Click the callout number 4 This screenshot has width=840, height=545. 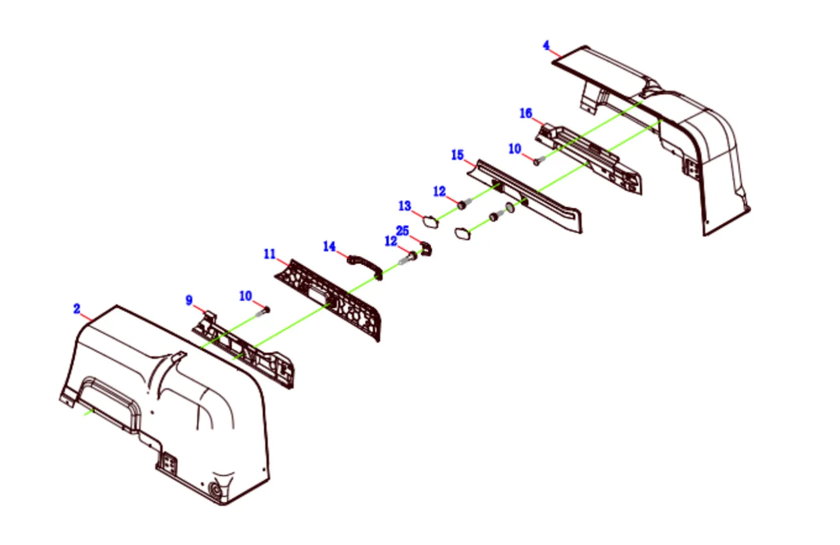pyautogui.click(x=547, y=45)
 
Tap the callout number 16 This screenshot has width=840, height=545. pyautogui.click(x=526, y=113)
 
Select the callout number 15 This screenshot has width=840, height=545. pyautogui.click(x=457, y=155)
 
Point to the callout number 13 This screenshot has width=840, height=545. pyautogui.click(x=405, y=206)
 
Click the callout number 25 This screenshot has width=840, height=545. pyautogui.click(x=402, y=231)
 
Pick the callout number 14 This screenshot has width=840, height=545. pyautogui.click(x=329, y=247)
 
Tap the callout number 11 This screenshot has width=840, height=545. pyautogui.click(x=270, y=254)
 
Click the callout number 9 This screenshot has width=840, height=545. pyautogui.click(x=189, y=300)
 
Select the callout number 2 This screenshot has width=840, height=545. pyautogui.click(x=76, y=309)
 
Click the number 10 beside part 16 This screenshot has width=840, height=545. pyautogui.click(x=515, y=149)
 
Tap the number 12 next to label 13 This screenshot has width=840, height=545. pyautogui.click(x=440, y=191)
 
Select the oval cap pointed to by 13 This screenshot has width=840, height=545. pyautogui.click(x=431, y=222)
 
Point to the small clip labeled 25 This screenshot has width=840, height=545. pyautogui.click(x=426, y=248)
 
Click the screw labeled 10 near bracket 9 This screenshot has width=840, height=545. pyautogui.click(x=263, y=312)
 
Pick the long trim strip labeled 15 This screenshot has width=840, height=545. pyautogui.click(x=525, y=196)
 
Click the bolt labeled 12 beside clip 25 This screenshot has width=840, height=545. pyautogui.click(x=408, y=258)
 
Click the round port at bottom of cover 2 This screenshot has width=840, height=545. pyautogui.click(x=215, y=489)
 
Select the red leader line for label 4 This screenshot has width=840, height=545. pyautogui.click(x=556, y=53)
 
